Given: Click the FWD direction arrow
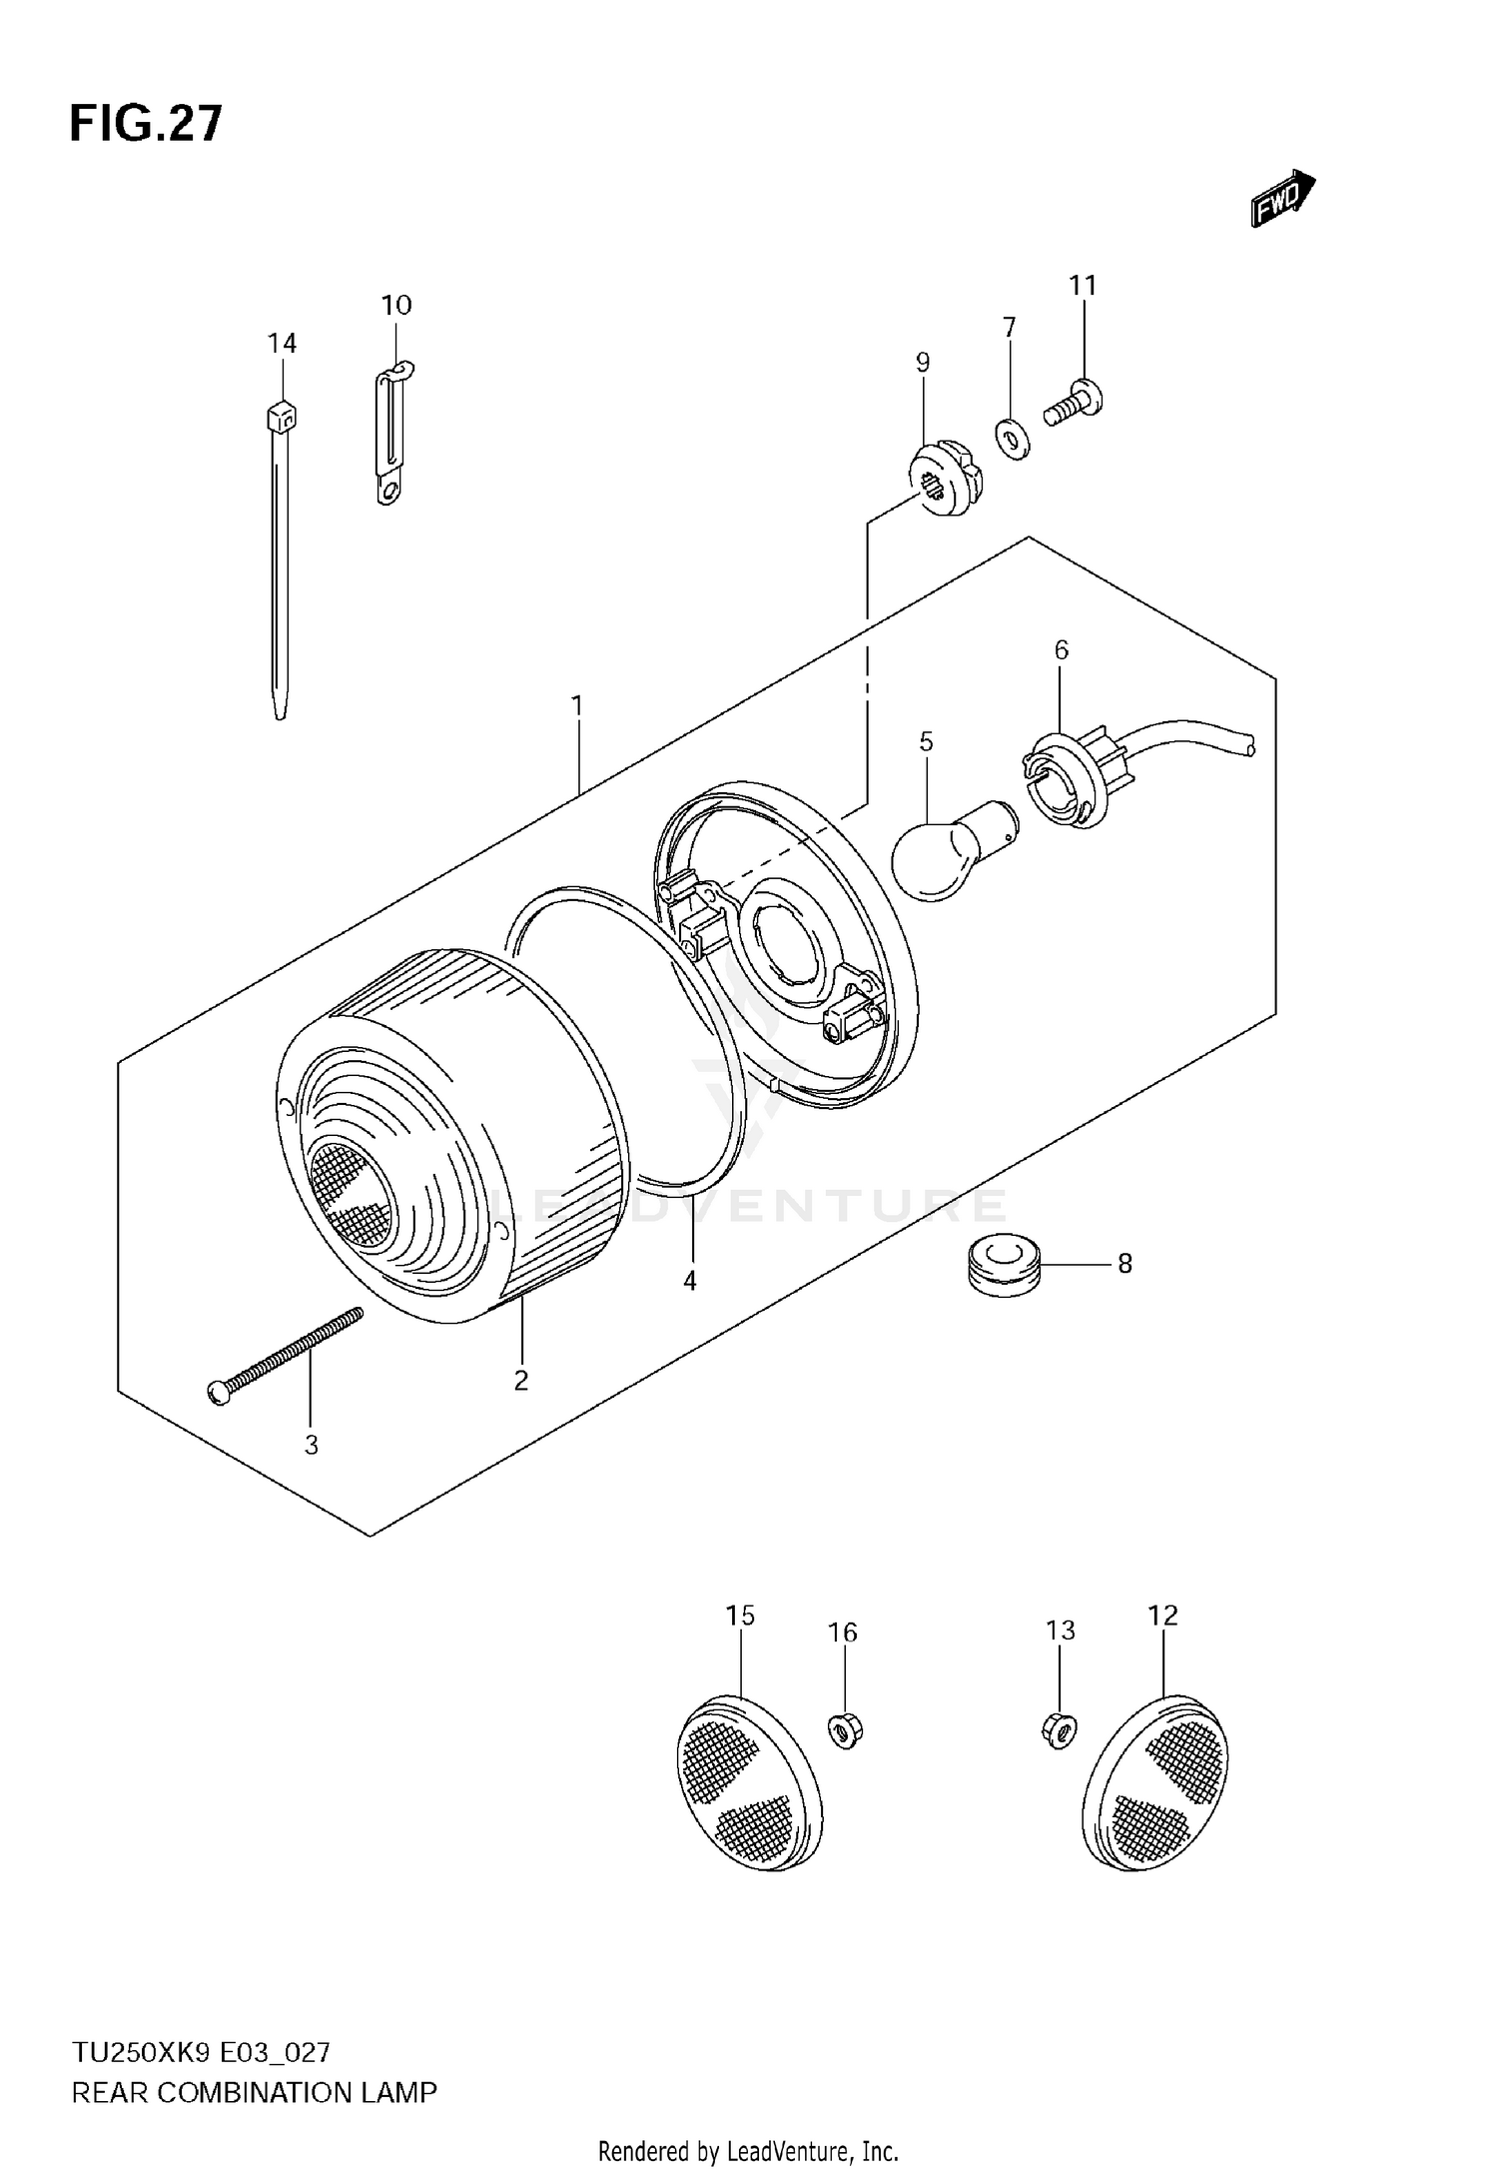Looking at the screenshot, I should coord(1282,198).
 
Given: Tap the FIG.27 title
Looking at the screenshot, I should coord(146,124).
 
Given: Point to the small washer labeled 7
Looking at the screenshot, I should coord(1013,438).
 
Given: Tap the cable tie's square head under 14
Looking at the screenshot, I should coord(283,415).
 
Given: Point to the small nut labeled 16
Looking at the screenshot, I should coord(845,1755).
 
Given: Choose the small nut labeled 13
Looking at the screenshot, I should coord(1059,1755).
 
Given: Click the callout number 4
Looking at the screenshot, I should coord(690,1281).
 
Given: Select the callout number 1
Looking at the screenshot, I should coord(576,706).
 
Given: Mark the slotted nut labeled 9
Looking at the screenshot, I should coord(944,481).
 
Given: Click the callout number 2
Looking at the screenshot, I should coord(520,1381).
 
